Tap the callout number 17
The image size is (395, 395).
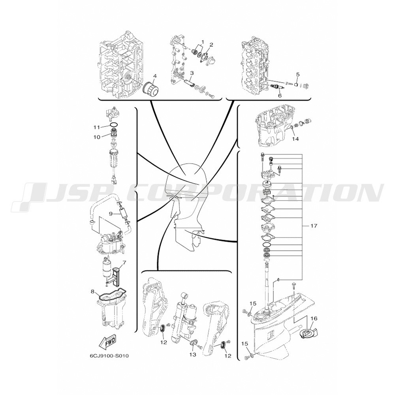click(x=314, y=226)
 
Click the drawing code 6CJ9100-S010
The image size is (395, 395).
click(x=109, y=356)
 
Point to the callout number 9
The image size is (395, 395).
click(x=110, y=214)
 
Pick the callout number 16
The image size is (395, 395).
click(x=314, y=318)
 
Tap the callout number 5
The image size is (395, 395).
click(x=298, y=74)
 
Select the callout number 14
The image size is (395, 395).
click(x=295, y=139)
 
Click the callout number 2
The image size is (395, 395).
click(x=211, y=45)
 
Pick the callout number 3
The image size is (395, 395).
click(x=192, y=73)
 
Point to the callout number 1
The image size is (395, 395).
click(x=203, y=41)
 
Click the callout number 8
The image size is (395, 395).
click(x=92, y=292)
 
